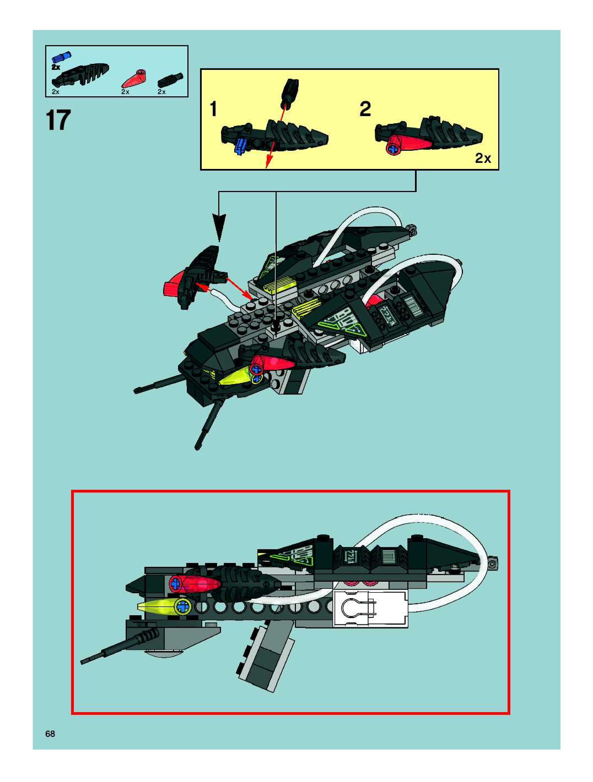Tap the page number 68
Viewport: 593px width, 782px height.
point(50,734)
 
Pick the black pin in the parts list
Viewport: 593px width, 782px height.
point(170,80)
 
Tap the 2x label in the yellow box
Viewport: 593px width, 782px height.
point(483,158)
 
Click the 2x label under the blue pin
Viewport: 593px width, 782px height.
point(56,67)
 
